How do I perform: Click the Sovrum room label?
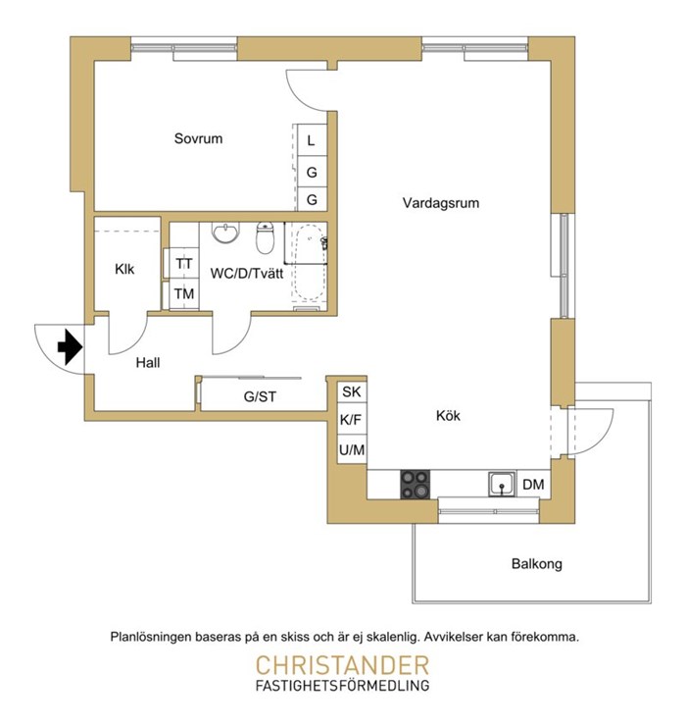pos(198,138)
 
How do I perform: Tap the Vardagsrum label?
pos(441,203)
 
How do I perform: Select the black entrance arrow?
pos(70,346)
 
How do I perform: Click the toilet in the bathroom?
pos(265,237)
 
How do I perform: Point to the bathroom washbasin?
pos(225,233)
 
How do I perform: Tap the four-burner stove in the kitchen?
pos(416,485)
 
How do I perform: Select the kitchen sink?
pos(502,485)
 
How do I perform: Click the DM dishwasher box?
pos(533,485)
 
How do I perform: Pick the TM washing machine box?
pos(184,293)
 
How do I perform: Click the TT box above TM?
pos(184,263)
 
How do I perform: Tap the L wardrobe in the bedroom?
pos(312,139)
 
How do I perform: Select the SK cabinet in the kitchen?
pos(352,391)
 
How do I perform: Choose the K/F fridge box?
pos(351,420)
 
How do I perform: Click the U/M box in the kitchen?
pos(352,449)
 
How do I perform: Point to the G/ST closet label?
pos(260,396)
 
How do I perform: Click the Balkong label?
pos(537,563)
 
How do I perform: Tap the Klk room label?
pos(124,269)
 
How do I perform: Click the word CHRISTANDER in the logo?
pos(342,665)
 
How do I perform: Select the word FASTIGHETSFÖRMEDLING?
pos(342,685)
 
